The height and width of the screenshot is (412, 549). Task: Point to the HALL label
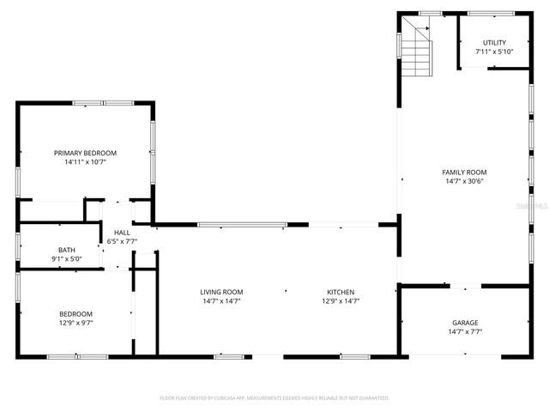(122, 233)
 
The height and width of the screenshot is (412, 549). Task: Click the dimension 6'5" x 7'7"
(122, 241)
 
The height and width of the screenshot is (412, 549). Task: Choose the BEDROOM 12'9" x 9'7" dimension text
(75, 323)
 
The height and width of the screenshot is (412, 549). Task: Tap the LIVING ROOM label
(222, 292)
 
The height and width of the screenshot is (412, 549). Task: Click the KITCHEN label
(341, 292)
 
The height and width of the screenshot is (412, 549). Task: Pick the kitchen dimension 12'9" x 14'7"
(341, 300)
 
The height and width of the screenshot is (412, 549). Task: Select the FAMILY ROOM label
(464, 172)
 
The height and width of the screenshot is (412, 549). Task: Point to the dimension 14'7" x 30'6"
(464, 180)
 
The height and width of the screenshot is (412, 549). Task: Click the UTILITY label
(494, 42)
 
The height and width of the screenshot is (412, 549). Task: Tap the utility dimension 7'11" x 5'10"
(494, 51)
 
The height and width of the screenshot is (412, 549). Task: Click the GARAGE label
(466, 323)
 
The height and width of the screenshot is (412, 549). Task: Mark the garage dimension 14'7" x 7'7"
(466, 331)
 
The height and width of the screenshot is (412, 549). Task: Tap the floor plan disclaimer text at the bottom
(274, 398)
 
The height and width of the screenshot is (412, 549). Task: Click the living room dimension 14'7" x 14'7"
(222, 300)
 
